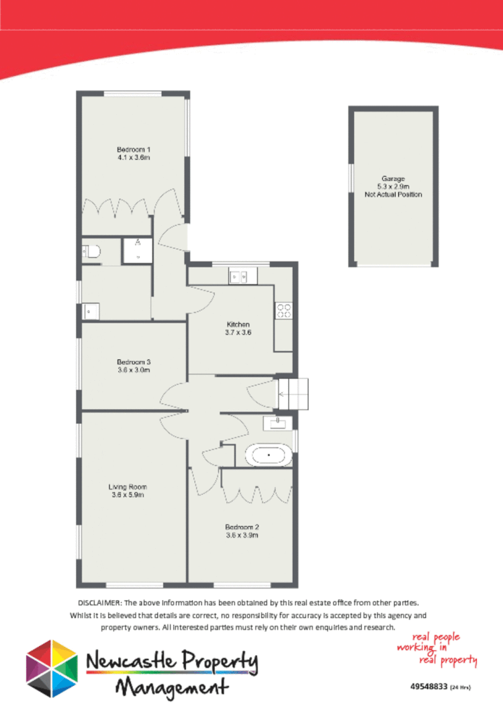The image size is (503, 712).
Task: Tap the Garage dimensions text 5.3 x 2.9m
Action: click(393, 187)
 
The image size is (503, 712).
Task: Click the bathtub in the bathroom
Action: click(269, 455)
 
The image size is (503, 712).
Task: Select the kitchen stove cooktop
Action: click(283, 310)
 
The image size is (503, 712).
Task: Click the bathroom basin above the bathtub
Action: click(276, 422)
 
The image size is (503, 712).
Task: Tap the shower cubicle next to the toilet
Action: click(137, 250)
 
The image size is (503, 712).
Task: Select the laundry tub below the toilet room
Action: click(91, 311)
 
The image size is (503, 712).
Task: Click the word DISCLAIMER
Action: click(99, 603)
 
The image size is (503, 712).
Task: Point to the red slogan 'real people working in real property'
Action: click(437, 650)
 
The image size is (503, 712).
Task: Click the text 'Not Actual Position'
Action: click(393, 195)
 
